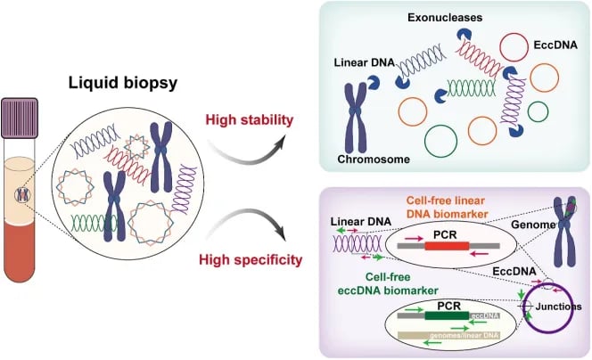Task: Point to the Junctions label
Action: pos(562,306)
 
